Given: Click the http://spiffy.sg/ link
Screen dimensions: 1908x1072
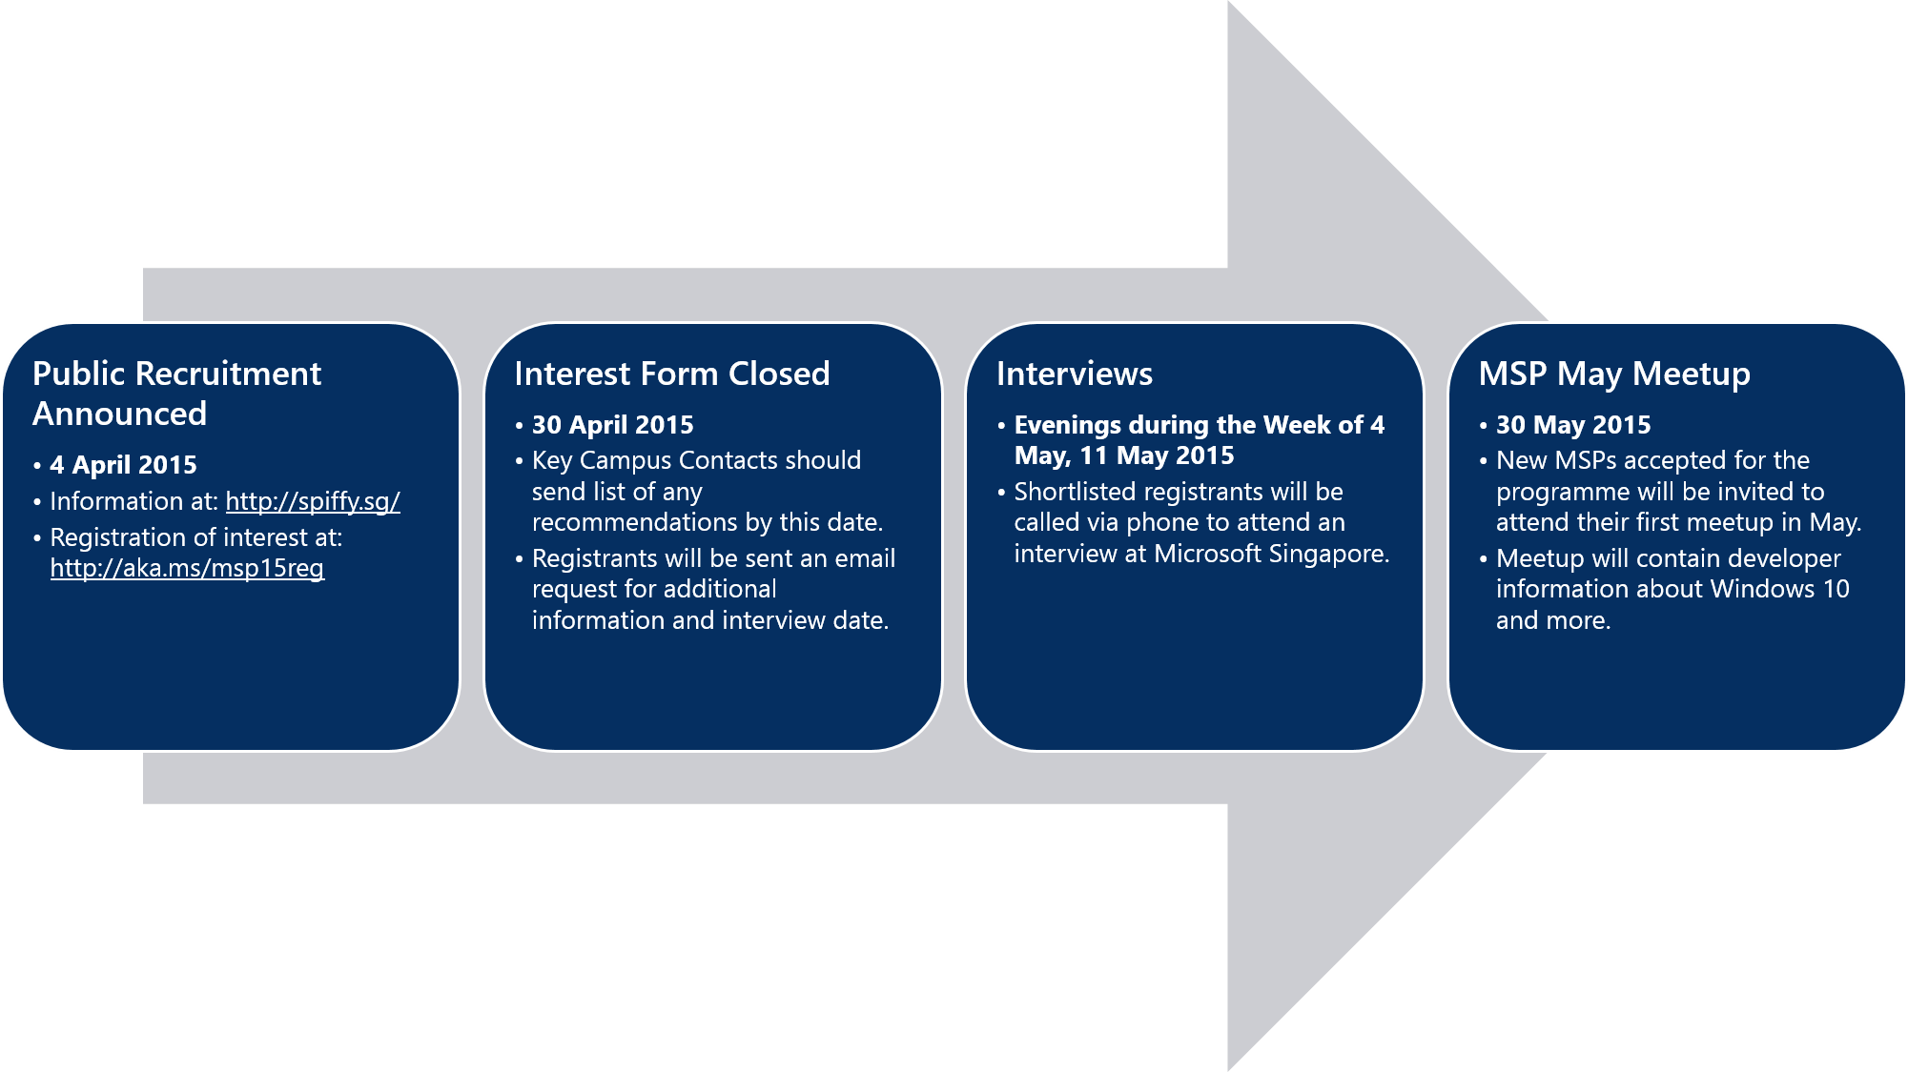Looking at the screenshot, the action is pyautogui.click(x=313, y=501).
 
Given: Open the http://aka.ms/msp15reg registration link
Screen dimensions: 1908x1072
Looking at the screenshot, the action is pyautogui.click(x=187, y=568).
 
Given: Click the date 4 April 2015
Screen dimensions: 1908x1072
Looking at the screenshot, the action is pyautogui.click(x=124, y=465).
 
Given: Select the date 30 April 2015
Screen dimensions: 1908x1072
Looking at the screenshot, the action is pyautogui.click(x=613, y=425).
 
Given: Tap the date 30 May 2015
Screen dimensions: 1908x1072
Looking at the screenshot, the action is pyautogui.click(x=1573, y=425).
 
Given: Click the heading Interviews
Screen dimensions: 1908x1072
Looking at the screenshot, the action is pyautogui.click(x=1075, y=374).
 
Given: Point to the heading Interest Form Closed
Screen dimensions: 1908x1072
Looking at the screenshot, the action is pyautogui.click(x=672, y=374).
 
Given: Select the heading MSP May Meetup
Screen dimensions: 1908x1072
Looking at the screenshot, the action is pyautogui.click(x=1614, y=374).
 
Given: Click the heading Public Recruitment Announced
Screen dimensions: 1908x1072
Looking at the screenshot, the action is pyautogui.click(x=177, y=394).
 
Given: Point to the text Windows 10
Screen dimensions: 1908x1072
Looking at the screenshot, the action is pyautogui.click(x=1780, y=589).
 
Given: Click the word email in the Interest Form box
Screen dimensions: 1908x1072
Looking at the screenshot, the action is pyautogui.click(x=865, y=558).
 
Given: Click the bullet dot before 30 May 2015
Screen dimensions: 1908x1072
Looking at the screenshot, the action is pyautogui.click(x=1484, y=426).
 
